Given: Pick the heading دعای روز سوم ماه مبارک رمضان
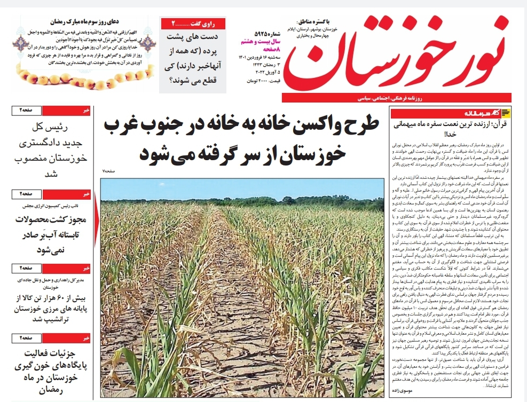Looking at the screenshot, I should pos(79,22).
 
